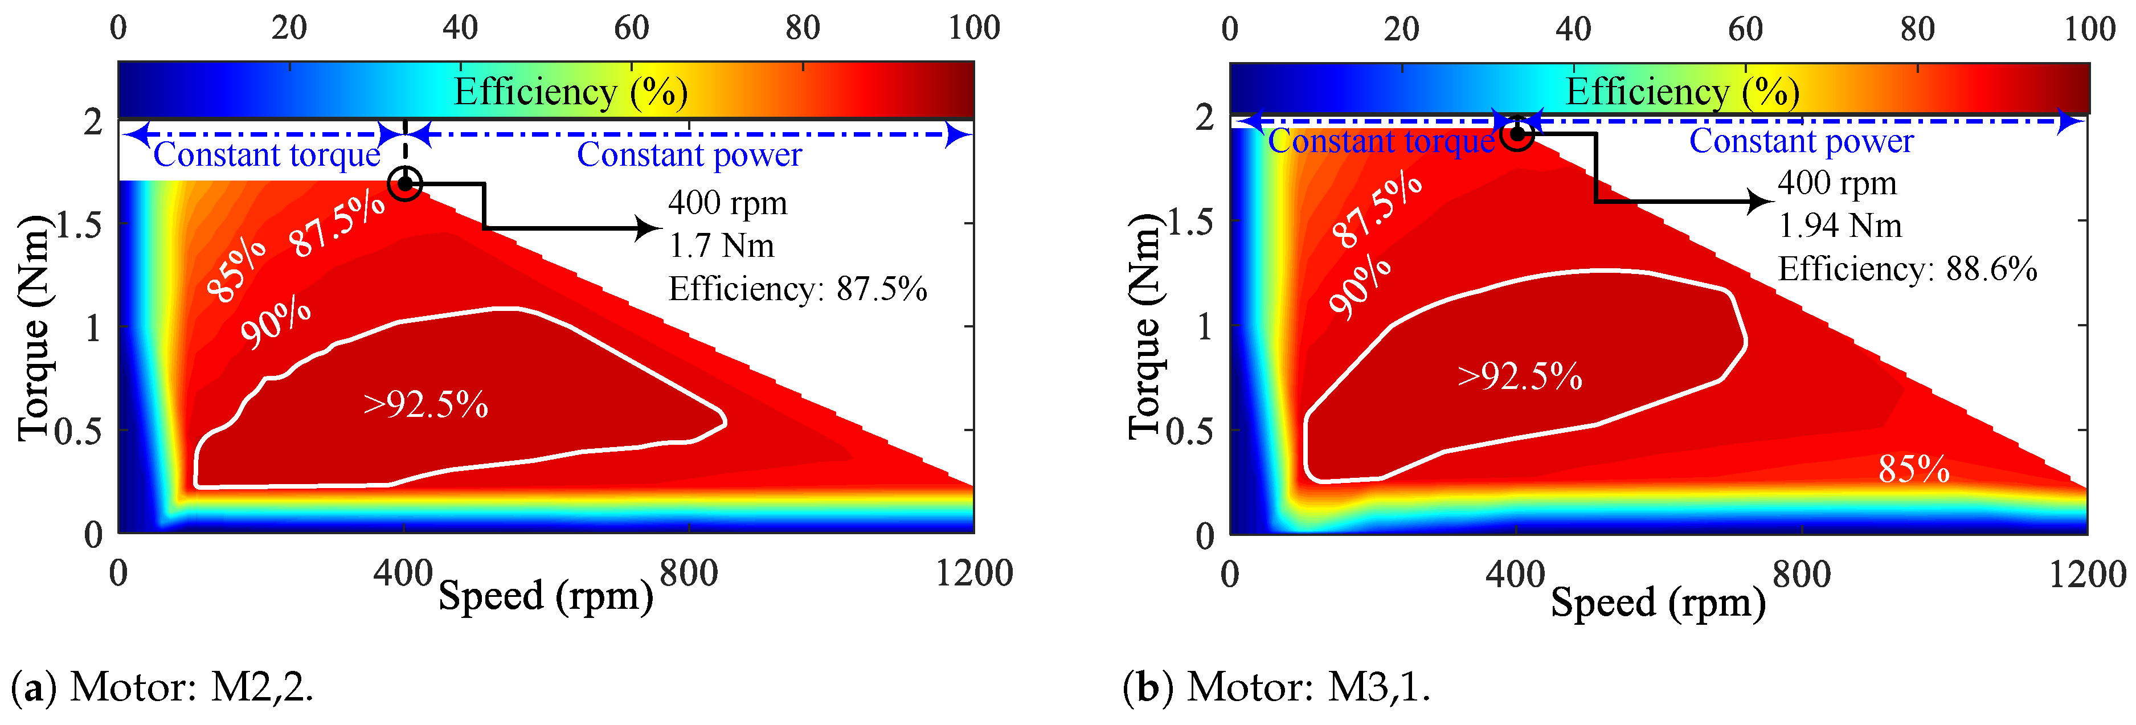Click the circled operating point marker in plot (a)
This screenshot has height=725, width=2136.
click(404, 183)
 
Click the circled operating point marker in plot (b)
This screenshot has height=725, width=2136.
click(1517, 133)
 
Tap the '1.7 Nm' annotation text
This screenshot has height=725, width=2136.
click(721, 247)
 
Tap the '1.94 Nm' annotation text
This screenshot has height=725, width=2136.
click(1839, 226)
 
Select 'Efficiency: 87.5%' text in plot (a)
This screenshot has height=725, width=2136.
click(797, 289)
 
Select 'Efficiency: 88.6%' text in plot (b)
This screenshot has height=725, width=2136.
click(1907, 269)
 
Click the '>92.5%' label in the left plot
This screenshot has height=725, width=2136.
click(425, 405)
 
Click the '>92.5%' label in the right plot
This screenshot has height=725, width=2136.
click(1520, 376)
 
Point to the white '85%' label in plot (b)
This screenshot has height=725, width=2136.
click(1913, 469)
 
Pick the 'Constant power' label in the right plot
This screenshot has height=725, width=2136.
click(1801, 142)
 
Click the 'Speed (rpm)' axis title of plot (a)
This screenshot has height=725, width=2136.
click(545, 596)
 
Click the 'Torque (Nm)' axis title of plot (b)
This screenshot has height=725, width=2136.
click(1144, 325)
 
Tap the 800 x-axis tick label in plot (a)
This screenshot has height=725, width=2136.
click(688, 573)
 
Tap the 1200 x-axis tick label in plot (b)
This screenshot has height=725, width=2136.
click(2087, 574)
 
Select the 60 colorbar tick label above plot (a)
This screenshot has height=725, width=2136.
click(631, 28)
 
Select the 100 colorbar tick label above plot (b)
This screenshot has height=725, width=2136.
click(2089, 29)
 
